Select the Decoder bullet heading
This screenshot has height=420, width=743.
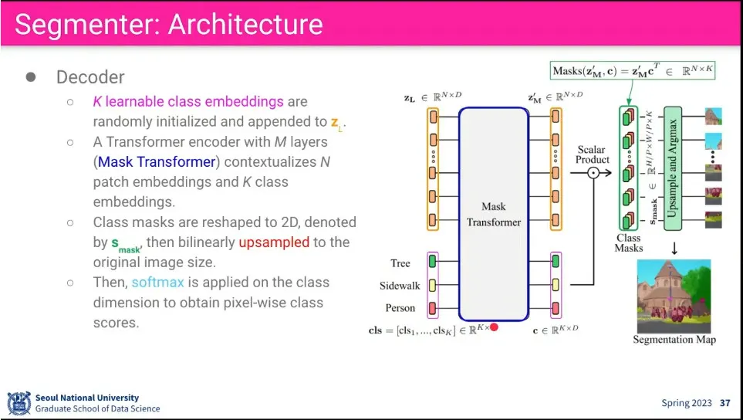(90, 77)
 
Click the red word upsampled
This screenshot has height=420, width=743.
(274, 242)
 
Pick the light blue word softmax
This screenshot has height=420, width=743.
(158, 282)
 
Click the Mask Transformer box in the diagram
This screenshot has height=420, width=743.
(494, 214)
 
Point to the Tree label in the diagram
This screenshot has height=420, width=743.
(400, 263)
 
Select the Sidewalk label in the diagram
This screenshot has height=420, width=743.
(400, 286)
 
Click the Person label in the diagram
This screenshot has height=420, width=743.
(400, 308)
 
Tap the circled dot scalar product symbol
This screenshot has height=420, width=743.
(593, 174)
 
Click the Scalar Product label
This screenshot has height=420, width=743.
(593, 154)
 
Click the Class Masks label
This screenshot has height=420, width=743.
(629, 243)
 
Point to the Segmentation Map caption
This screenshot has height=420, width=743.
(674, 340)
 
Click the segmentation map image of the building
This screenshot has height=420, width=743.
(674, 296)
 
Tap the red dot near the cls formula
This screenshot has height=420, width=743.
(494, 327)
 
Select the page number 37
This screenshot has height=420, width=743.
(724, 403)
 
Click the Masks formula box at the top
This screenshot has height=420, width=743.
(633, 70)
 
